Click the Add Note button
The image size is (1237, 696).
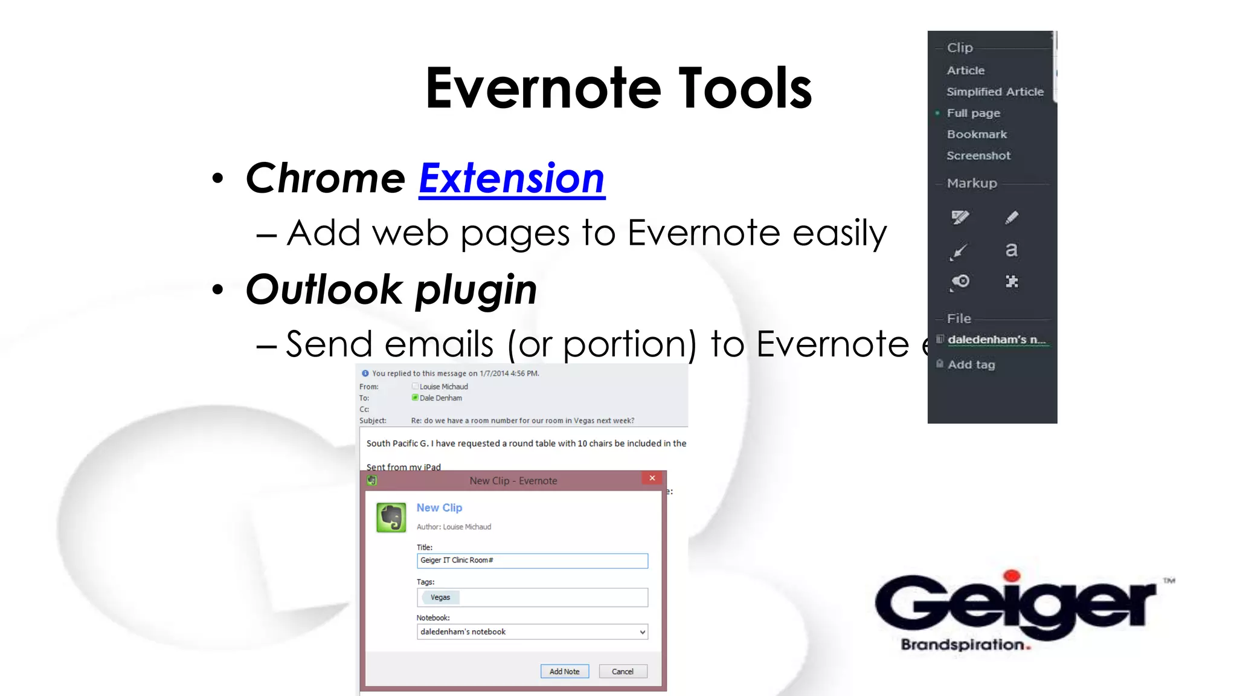(x=564, y=671)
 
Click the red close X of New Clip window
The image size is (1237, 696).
(x=652, y=478)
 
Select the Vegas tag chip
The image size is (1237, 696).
(x=440, y=598)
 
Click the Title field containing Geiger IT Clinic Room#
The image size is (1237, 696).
(x=532, y=561)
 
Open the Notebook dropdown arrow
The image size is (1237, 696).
(x=642, y=632)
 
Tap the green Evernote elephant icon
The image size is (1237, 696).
(x=391, y=518)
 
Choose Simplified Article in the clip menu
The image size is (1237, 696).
(x=994, y=92)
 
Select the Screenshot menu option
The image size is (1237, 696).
(x=978, y=156)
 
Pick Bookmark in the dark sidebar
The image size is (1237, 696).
(x=976, y=135)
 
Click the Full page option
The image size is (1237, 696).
(x=973, y=114)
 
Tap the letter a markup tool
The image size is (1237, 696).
(x=1011, y=250)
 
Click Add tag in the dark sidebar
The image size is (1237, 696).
(x=971, y=365)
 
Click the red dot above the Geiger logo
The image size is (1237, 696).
(x=1012, y=576)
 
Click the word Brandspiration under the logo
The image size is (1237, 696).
(x=962, y=645)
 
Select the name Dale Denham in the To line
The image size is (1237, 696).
(x=440, y=398)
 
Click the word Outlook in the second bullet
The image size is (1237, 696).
(x=324, y=289)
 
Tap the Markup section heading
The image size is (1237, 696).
(x=971, y=184)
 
